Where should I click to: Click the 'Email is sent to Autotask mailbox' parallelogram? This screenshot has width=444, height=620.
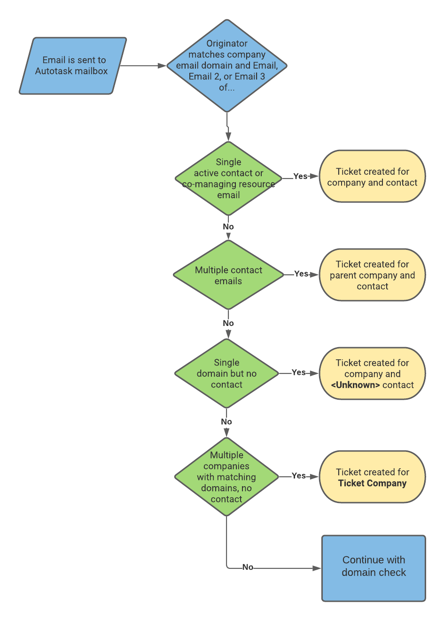[x=73, y=66]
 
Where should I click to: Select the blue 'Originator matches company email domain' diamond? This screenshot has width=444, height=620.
[x=227, y=66]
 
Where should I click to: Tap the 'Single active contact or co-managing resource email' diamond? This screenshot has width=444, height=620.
[x=228, y=178]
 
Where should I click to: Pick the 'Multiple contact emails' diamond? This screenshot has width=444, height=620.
[x=228, y=275]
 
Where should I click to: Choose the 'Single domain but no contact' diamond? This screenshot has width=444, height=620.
[x=226, y=373]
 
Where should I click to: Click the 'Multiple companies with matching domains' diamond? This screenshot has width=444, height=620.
[x=226, y=477]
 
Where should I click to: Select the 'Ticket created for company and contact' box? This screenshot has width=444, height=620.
[x=372, y=177]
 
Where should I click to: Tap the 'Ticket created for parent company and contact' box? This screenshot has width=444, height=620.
[x=372, y=275]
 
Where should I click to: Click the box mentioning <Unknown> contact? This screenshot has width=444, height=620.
[x=372, y=373]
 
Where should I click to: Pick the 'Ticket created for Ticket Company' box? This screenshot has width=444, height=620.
[x=372, y=477]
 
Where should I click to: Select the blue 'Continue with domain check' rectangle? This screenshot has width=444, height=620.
[x=374, y=568]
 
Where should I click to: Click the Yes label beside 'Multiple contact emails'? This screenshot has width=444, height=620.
[x=301, y=274]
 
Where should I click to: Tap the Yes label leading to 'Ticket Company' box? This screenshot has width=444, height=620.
[x=298, y=476]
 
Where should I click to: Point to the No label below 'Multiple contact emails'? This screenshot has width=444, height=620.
[x=228, y=323]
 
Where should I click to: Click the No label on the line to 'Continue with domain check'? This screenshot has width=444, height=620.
[x=248, y=567]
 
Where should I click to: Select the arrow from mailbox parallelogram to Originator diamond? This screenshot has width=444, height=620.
[x=143, y=66]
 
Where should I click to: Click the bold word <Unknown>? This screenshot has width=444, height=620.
[x=355, y=385]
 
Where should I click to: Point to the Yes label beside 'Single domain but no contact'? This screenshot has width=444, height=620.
[x=298, y=372]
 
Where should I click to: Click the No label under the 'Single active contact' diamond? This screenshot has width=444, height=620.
[x=228, y=227]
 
